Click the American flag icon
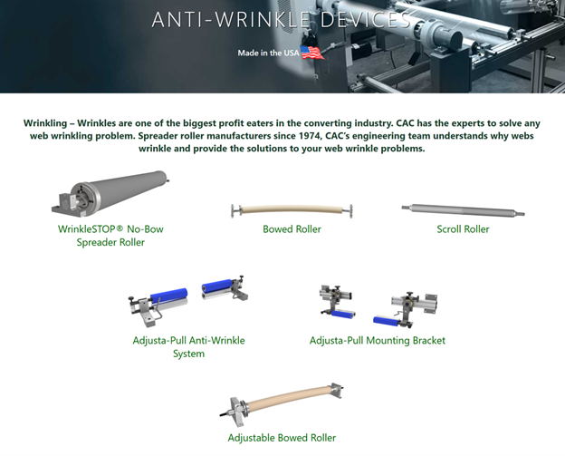coord(312,53)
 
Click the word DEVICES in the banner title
coord(366,19)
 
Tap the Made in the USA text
coord(268,53)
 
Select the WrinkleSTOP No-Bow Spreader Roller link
coord(110,236)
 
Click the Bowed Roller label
coord(292,229)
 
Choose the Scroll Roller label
coord(463,229)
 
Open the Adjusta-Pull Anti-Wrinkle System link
coord(189,346)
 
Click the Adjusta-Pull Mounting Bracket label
coord(378,341)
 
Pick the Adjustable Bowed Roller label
coord(282,438)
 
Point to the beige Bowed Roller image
coord(292,209)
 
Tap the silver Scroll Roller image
coord(463,210)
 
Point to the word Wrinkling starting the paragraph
coord(45,123)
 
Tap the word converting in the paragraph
coord(328,123)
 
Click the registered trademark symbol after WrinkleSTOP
coord(120,228)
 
